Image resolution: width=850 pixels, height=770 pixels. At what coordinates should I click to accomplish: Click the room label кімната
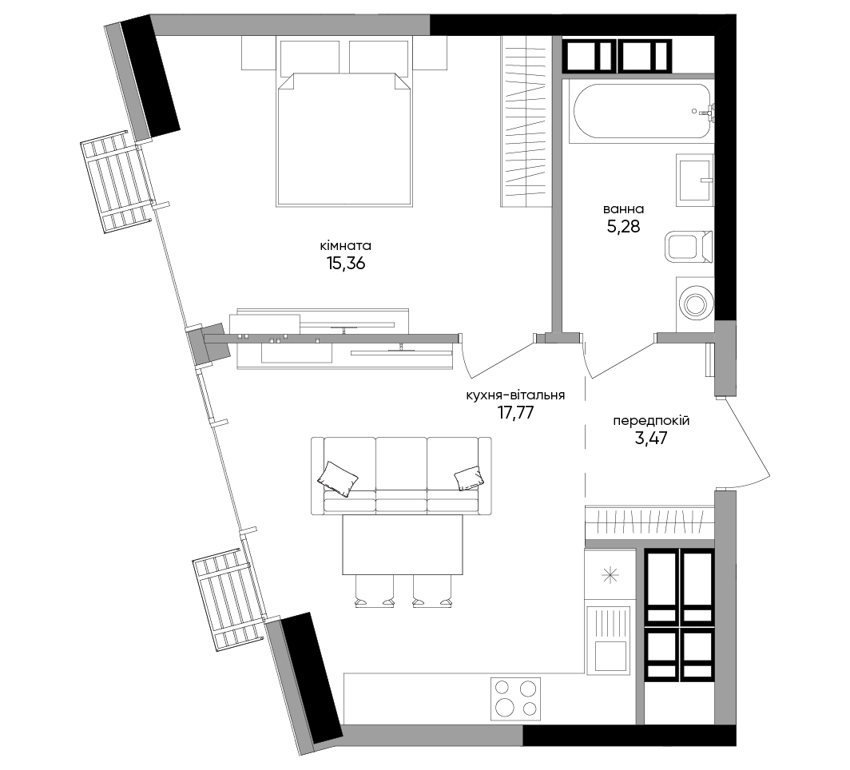(x=345, y=245)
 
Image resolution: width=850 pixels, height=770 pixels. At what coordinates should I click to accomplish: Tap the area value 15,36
(x=346, y=264)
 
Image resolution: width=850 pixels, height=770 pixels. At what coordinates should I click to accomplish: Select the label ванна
(x=623, y=209)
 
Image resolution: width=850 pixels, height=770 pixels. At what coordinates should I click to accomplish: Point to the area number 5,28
(x=623, y=227)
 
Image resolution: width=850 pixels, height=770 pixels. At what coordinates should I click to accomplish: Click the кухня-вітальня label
(x=515, y=395)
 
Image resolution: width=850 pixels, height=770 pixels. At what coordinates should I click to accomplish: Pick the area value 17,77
(x=515, y=413)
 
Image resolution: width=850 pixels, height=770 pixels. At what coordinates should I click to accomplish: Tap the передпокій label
(x=651, y=421)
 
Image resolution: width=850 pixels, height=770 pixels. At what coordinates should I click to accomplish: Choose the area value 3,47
(x=651, y=438)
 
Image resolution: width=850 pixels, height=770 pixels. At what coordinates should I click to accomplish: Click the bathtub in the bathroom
(x=641, y=112)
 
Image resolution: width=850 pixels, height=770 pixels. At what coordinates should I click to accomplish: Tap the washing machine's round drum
(x=694, y=304)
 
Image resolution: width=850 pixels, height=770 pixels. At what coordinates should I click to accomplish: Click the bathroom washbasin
(x=694, y=180)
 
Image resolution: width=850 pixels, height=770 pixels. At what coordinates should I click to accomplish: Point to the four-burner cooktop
(x=515, y=698)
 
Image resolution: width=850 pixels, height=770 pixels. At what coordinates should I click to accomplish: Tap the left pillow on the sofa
(x=338, y=478)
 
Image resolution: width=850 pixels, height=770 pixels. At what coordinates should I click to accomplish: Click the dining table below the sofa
(x=403, y=545)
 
